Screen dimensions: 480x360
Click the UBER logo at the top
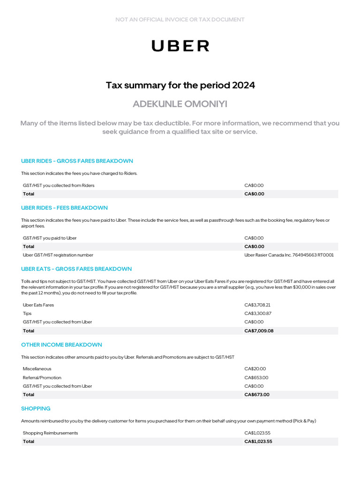click(180, 45)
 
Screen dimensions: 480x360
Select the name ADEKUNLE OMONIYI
click(180, 104)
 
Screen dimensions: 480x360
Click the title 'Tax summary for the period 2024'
click(180, 85)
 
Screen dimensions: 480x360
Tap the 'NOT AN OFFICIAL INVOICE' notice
click(180, 20)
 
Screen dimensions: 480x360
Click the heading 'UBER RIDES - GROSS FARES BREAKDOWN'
click(77, 161)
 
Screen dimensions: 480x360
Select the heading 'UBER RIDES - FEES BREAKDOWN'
click(64, 208)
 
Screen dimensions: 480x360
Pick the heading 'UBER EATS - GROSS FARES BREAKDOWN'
click(76, 269)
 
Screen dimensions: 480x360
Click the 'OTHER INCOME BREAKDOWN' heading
click(61, 345)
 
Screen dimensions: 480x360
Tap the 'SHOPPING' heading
click(36, 409)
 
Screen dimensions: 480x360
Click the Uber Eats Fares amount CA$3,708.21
click(257, 305)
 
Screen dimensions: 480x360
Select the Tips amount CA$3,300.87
click(258, 313)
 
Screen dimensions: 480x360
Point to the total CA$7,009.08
click(259, 331)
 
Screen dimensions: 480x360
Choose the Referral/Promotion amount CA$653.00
click(256, 377)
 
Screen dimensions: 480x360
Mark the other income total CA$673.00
click(257, 395)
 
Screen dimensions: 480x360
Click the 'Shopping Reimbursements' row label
click(50, 433)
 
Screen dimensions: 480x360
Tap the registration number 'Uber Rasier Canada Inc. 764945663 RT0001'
click(289, 255)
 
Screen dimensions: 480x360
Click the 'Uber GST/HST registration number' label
click(58, 255)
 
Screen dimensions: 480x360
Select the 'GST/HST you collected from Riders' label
click(59, 185)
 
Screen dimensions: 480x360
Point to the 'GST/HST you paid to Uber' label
click(50, 238)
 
